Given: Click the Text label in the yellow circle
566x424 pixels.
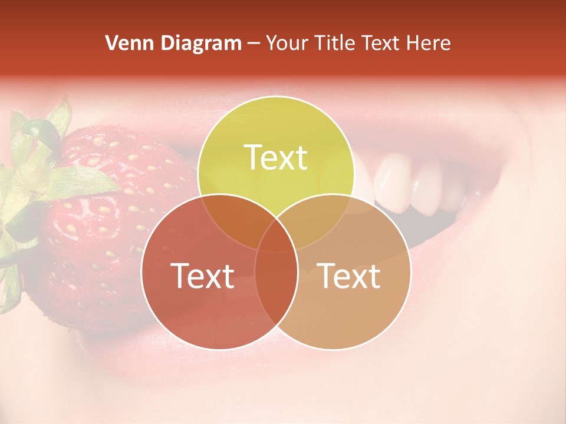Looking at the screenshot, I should click(276, 157).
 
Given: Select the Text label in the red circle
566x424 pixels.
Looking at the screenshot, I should click(202, 276).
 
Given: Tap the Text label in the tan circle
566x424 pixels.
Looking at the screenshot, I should click(348, 276).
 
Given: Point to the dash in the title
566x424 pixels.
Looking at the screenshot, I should click(254, 44).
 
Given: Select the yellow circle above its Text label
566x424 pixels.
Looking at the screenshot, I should click(276, 121).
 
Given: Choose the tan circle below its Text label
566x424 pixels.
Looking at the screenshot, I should click(348, 318).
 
